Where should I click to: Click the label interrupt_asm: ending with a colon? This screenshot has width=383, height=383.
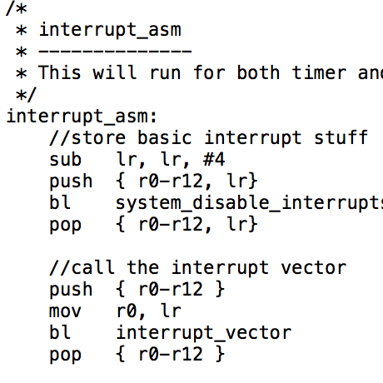tap(82, 117)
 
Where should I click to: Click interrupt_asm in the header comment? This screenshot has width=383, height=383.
tap(110, 30)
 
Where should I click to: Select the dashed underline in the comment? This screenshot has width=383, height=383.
tap(115, 51)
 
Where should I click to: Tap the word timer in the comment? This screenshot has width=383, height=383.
tap(319, 73)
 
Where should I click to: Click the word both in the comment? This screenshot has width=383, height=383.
tap(258, 72)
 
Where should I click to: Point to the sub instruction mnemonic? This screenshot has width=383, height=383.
tap(66, 159)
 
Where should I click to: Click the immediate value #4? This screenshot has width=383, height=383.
tap(214, 159)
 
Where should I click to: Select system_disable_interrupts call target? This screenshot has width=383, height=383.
tap(249, 203)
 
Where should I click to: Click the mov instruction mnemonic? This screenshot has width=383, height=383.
tap(66, 311)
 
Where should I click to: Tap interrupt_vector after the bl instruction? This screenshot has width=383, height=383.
tap(204, 332)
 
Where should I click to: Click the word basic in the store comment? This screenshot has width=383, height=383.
tap(165, 137)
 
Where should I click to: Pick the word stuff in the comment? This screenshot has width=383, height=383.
tap(341, 137)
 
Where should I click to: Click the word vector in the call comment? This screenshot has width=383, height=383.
tap(314, 268)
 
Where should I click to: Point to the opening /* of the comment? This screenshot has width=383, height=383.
tap(16, 8)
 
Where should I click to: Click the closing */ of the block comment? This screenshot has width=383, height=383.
tap(26, 95)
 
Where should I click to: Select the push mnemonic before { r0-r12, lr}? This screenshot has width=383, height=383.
tap(71, 182)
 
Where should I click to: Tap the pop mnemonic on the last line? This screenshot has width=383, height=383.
tap(66, 355)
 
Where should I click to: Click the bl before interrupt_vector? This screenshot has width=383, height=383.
tap(60, 332)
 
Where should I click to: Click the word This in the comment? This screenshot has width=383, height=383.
tap(59, 72)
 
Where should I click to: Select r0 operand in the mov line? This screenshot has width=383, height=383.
tap(127, 311)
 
